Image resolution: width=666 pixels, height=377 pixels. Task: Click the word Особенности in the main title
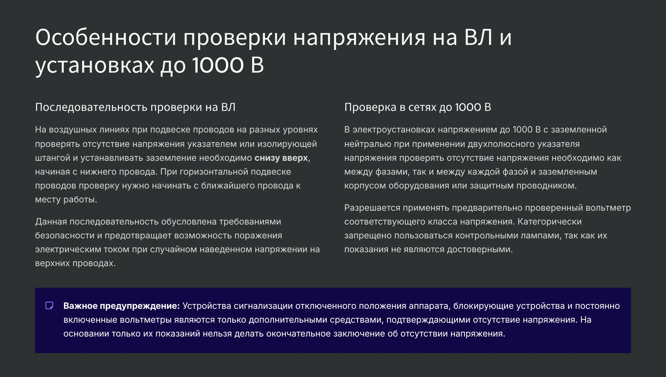pyautogui.click(x=106, y=37)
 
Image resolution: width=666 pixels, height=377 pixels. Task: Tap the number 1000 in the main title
pyautogui.click(x=218, y=65)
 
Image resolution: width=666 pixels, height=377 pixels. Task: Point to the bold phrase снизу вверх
pyautogui.click(x=281, y=158)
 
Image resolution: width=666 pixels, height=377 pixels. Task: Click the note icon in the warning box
pyautogui.click(x=49, y=305)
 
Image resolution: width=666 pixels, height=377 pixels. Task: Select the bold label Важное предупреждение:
pyautogui.click(x=122, y=306)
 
